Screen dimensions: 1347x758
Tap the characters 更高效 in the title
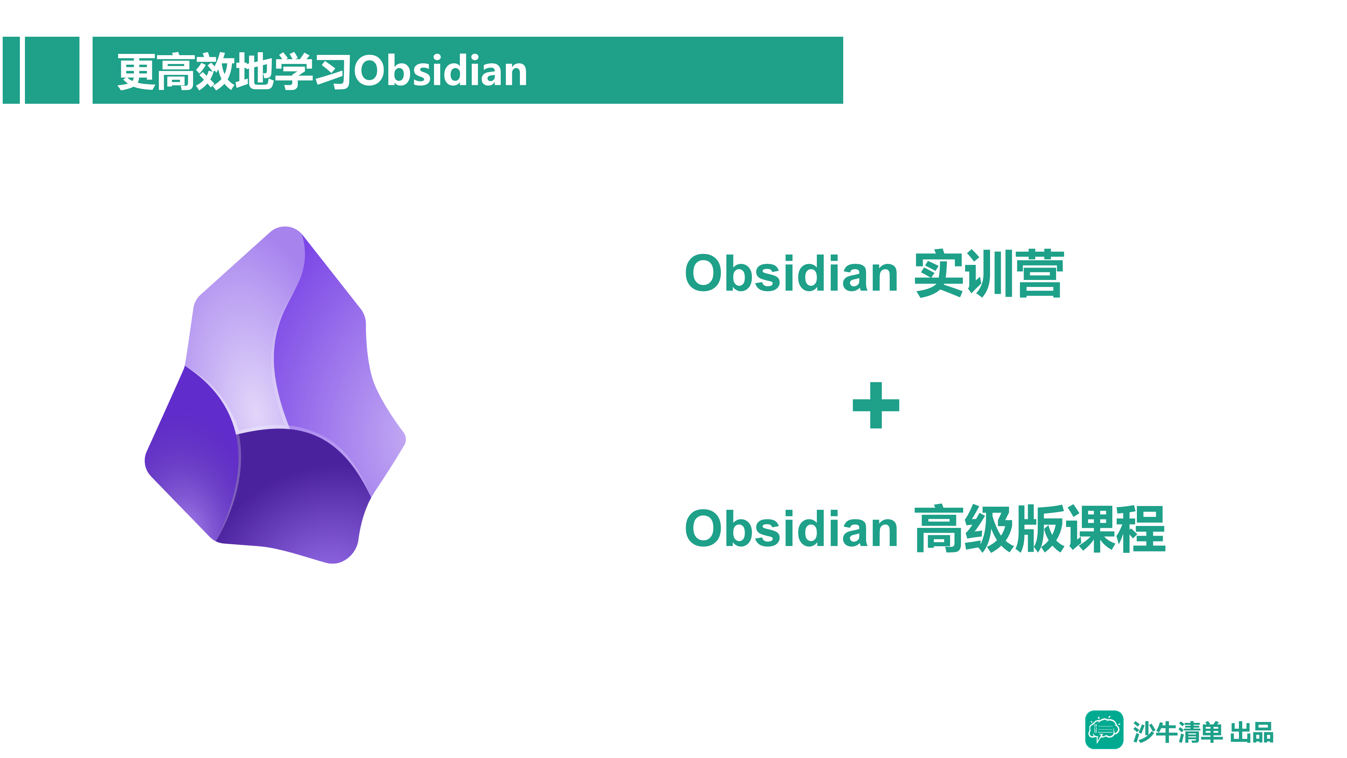[176, 71]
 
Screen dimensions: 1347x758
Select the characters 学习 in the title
[313, 71]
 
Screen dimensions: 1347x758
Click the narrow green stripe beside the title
[11, 70]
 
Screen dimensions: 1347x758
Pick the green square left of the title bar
[52, 70]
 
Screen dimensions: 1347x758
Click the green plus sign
[876, 405]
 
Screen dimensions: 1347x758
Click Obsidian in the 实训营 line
[792, 273]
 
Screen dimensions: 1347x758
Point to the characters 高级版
[989, 529]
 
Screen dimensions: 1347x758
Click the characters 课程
[1115, 529]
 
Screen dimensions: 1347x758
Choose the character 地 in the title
[254, 71]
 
